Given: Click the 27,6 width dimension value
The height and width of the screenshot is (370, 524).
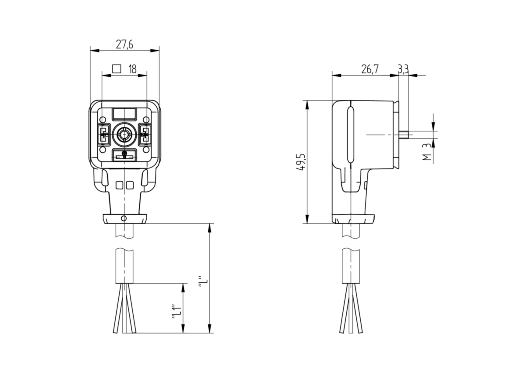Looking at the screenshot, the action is pyautogui.click(x=124, y=45).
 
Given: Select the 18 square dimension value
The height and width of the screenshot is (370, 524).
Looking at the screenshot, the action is pyautogui.click(x=132, y=69).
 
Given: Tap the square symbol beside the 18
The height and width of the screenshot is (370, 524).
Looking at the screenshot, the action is pyautogui.click(x=117, y=69).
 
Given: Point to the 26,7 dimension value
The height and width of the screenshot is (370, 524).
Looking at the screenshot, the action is pyautogui.click(x=369, y=69).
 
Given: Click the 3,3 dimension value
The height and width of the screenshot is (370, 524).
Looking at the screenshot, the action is pyautogui.click(x=403, y=69).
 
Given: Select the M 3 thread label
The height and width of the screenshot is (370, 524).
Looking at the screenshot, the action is pyautogui.click(x=427, y=152).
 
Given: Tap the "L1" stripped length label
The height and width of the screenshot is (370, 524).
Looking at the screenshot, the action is pyautogui.click(x=176, y=312).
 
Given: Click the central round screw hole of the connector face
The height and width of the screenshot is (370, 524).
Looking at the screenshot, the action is pyautogui.click(x=124, y=135).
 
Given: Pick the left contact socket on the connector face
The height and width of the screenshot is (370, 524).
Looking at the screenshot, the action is pyautogui.click(x=103, y=135).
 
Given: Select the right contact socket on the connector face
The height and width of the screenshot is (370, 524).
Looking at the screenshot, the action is pyautogui.click(x=145, y=135).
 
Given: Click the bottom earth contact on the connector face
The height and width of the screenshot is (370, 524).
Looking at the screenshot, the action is pyautogui.click(x=124, y=155).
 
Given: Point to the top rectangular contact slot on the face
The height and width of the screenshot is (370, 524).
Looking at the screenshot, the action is pyautogui.click(x=124, y=114).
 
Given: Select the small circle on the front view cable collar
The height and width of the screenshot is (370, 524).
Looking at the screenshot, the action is pyautogui.click(x=124, y=219).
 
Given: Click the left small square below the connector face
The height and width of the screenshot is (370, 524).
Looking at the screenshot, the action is pyautogui.click(x=119, y=185).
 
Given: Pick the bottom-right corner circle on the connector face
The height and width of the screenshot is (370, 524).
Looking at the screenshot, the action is pyautogui.click(x=146, y=150).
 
